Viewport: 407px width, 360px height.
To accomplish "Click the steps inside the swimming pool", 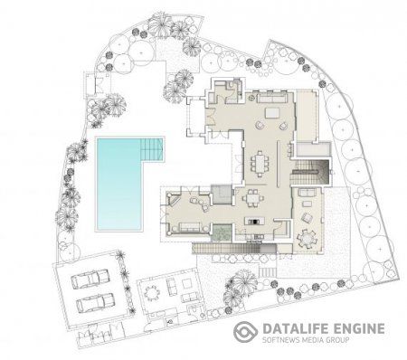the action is tap(152, 149).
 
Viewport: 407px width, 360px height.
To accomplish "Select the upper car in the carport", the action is tap(90, 279).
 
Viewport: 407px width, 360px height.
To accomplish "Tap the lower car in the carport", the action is tap(95, 302).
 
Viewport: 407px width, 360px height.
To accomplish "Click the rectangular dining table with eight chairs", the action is tap(260, 164).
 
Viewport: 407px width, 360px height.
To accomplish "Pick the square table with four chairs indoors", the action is tap(252, 199).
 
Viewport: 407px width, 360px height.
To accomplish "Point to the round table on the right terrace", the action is tap(307, 239).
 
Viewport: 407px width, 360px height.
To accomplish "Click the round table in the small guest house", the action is tap(151, 293).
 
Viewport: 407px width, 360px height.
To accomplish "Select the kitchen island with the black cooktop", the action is tap(255, 221).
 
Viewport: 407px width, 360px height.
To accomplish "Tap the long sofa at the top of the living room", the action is tap(271, 98).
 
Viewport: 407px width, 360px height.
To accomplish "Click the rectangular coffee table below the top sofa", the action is tap(273, 113).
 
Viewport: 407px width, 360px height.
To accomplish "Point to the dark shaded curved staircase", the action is tap(310, 172).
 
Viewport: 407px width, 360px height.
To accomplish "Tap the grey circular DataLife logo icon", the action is tap(246, 332).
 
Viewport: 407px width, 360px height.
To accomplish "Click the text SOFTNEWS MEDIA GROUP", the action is tap(306, 340).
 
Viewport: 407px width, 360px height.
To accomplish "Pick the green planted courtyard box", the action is tap(222, 232).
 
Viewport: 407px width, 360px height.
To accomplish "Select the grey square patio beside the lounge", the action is tap(221, 194).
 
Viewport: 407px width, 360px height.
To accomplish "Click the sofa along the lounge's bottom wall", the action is tap(190, 228).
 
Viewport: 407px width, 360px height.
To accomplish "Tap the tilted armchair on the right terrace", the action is tap(308, 218).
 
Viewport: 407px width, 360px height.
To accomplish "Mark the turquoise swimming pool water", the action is tap(118, 184).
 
